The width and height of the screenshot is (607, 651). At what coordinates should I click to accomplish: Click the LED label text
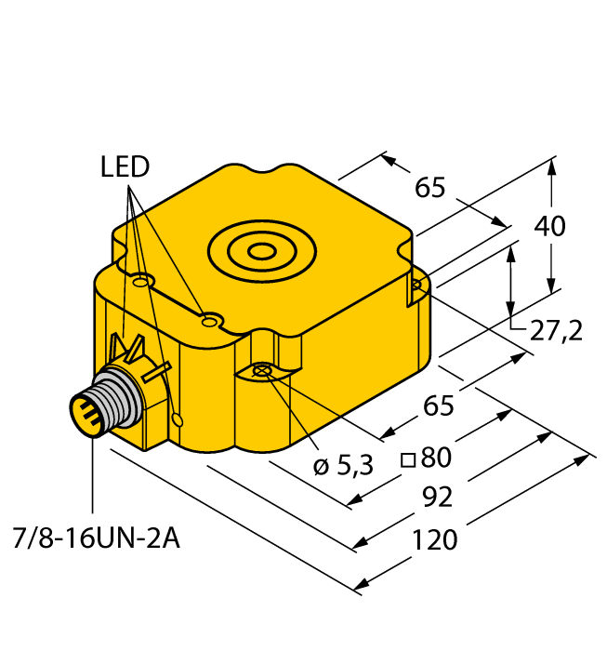[x=125, y=167]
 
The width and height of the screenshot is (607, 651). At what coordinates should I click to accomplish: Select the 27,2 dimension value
[x=555, y=329]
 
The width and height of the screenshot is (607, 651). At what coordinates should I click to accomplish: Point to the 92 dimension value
[x=437, y=498]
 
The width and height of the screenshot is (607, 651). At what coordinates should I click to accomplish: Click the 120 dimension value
[x=434, y=539]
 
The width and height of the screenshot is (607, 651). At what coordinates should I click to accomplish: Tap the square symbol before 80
[x=407, y=458]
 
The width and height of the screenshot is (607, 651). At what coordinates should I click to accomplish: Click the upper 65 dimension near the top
[x=430, y=188]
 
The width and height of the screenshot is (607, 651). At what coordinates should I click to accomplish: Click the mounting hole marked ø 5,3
[x=262, y=372]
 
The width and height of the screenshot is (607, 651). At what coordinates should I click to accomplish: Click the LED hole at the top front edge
[x=211, y=322]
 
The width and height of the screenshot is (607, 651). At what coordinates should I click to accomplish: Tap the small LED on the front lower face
[x=178, y=420]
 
